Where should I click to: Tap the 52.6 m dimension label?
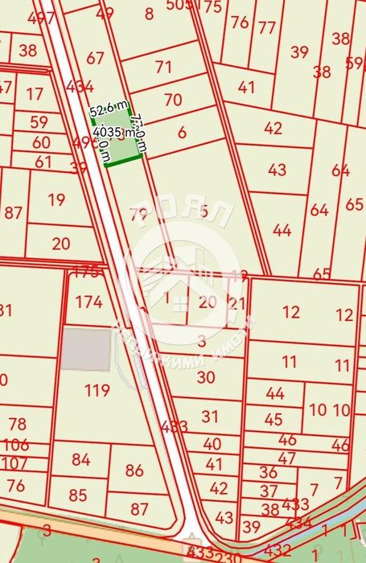[x=108, y=110]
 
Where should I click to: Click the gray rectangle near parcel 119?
[x=86, y=350]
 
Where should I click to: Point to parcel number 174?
[x=89, y=302]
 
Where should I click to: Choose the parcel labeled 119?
[x=97, y=391]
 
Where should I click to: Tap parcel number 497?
[x=36, y=18]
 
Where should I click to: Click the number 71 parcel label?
[x=164, y=67]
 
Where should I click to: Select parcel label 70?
[x=173, y=100]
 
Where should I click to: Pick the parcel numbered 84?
[x=80, y=459]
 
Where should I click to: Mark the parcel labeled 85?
[x=78, y=495]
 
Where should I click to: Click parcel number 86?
[x=134, y=471]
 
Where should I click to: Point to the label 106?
[x=15, y=445]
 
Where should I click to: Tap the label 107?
[x=14, y=463]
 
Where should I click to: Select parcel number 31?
[x=210, y=416]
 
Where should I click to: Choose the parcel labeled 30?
[x=206, y=376]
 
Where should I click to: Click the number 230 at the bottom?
[x=229, y=555]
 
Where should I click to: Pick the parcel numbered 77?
[x=267, y=27]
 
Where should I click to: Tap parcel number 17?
[x=35, y=94]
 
